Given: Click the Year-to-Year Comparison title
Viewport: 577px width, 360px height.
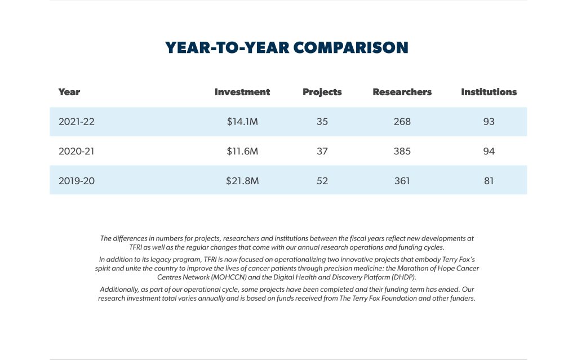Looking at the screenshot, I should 287,48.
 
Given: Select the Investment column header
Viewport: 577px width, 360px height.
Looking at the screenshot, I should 242,92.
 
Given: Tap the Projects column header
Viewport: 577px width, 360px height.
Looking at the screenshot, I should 322,92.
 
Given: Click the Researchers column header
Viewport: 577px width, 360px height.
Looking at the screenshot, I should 402,92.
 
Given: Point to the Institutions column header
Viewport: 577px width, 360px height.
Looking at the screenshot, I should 489,92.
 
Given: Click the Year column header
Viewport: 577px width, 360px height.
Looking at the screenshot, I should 69,92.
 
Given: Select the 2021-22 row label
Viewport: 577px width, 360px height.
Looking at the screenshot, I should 77,122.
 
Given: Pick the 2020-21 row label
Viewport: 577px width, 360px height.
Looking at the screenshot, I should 77,151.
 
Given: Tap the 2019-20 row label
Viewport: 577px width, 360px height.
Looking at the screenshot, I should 77,181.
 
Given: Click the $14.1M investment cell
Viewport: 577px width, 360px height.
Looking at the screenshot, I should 242,122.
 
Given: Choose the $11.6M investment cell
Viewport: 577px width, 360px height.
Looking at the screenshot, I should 242,151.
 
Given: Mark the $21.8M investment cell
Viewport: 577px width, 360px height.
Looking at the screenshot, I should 242,181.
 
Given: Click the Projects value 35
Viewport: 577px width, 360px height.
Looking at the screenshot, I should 322,122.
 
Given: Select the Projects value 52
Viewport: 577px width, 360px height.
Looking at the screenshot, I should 322,181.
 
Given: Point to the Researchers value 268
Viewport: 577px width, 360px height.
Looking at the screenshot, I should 402,122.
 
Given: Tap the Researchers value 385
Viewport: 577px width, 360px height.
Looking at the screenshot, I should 402,151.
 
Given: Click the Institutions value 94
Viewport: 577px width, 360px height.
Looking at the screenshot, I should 489,151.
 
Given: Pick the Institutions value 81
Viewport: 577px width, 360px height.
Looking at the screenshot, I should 489,181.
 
